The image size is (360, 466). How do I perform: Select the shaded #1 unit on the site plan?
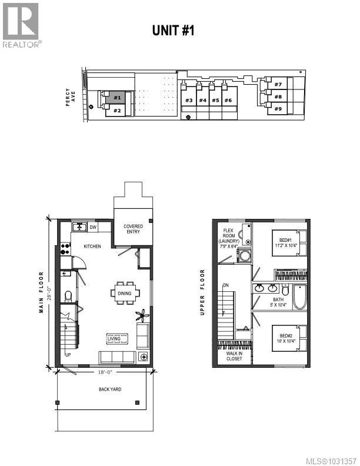[x=116, y=98]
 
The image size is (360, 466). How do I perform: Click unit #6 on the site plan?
[x=228, y=101]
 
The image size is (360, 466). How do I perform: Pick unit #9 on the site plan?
[x=278, y=108]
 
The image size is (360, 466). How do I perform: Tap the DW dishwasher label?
[x=93, y=227]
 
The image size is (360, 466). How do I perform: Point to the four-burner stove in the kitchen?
[x=64, y=249]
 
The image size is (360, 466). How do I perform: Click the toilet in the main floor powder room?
[x=68, y=295]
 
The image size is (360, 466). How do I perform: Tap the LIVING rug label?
[x=114, y=338]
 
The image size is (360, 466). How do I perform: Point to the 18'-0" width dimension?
[x=105, y=372]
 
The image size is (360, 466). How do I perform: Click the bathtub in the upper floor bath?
[x=299, y=297]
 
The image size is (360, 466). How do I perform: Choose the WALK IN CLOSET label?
[x=231, y=357]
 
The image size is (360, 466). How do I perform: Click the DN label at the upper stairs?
[x=225, y=285]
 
